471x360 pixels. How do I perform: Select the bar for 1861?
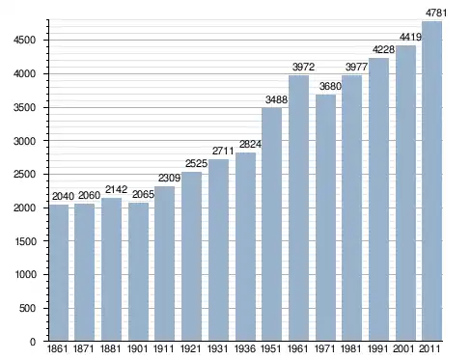[59, 273]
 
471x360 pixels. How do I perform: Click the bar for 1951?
[272, 224]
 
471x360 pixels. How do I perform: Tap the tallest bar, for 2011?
[431, 181]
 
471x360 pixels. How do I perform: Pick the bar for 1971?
[325, 218]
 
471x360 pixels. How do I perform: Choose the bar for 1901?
[138, 272]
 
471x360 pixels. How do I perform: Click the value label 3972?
[303, 67]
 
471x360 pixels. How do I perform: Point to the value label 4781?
[436, 13]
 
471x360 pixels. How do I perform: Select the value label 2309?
[169, 178]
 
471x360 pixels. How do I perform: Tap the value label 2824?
[250, 144]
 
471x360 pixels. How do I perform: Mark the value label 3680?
[330, 86]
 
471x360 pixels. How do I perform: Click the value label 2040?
[63, 196]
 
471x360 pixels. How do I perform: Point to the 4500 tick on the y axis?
[24, 41]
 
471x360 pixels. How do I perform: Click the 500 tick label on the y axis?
[27, 308]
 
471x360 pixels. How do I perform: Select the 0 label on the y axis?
[33, 342]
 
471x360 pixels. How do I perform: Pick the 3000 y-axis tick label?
[24, 141]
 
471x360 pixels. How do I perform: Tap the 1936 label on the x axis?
[245, 348]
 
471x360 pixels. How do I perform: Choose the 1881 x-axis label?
[110, 348]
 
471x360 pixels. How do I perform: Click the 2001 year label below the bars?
[404, 348]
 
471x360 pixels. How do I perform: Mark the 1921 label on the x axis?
[191, 348]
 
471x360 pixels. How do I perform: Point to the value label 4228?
[383, 49]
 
